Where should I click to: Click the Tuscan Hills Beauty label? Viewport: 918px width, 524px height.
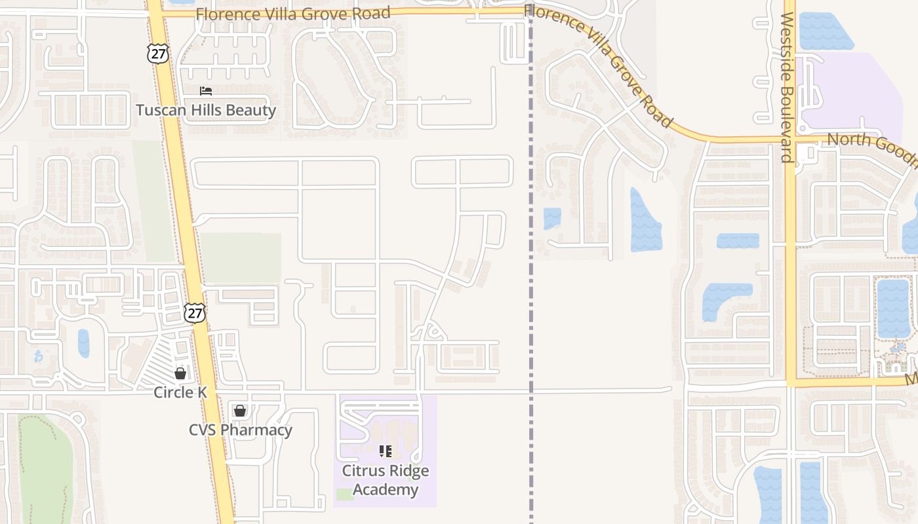pos(206,110)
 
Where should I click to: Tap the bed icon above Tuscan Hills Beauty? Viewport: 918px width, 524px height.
pos(206,91)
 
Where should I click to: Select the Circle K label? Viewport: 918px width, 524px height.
pos(180,392)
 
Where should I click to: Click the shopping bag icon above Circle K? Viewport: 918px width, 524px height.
pos(180,373)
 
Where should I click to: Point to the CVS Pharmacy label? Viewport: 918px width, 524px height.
pos(241,430)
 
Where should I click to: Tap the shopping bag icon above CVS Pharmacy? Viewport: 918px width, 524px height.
pos(240,411)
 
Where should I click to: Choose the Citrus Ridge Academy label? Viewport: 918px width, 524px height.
pos(386,480)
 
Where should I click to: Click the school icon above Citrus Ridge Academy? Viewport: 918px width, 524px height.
pos(386,451)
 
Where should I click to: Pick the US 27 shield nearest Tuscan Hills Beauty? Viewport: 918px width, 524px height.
pos(158,54)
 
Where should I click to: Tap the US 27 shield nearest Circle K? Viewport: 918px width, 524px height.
pos(195,313)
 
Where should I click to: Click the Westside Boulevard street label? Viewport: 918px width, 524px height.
pos(788,87)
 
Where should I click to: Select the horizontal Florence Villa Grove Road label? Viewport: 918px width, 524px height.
pos(293,13)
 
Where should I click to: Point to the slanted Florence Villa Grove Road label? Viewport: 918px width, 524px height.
pos(599,64)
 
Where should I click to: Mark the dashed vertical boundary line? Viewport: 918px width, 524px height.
pos(530,295)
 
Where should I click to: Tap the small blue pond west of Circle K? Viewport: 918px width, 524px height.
pos(83,343)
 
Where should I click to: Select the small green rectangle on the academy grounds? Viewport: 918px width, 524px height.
pos(345,494)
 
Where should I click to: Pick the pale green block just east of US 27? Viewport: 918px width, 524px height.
pos(241,257)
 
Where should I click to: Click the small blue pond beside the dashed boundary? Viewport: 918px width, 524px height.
pos(552,218)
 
